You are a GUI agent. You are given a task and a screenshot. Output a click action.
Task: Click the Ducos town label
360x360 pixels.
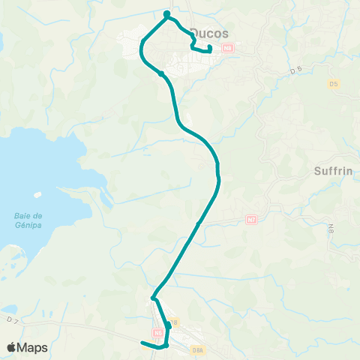click(x=210, y=32)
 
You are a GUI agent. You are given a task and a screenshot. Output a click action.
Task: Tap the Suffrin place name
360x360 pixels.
click(x=332, y=171)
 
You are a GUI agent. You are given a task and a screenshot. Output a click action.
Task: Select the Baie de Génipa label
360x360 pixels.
click(x=27, y=220)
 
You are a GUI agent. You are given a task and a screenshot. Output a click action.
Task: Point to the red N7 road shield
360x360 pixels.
click(x=251, y=220)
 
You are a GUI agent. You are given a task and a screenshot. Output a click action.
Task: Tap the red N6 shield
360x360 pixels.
click(x=157, y=331)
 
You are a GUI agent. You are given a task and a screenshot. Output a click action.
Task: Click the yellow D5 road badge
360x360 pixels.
click(x=333, y=84)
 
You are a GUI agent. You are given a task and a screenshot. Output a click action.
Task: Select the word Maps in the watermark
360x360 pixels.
click(x=34, y=347)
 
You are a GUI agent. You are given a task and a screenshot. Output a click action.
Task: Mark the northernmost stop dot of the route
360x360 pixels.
click(x=166, y=13)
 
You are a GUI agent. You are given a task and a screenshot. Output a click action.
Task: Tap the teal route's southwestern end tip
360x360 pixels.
click(x=142, y=343)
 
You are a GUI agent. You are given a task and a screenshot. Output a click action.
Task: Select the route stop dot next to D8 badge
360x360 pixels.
click(x=169, y=327)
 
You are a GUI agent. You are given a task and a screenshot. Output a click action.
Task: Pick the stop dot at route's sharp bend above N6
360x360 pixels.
click(x=153, y=298)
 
